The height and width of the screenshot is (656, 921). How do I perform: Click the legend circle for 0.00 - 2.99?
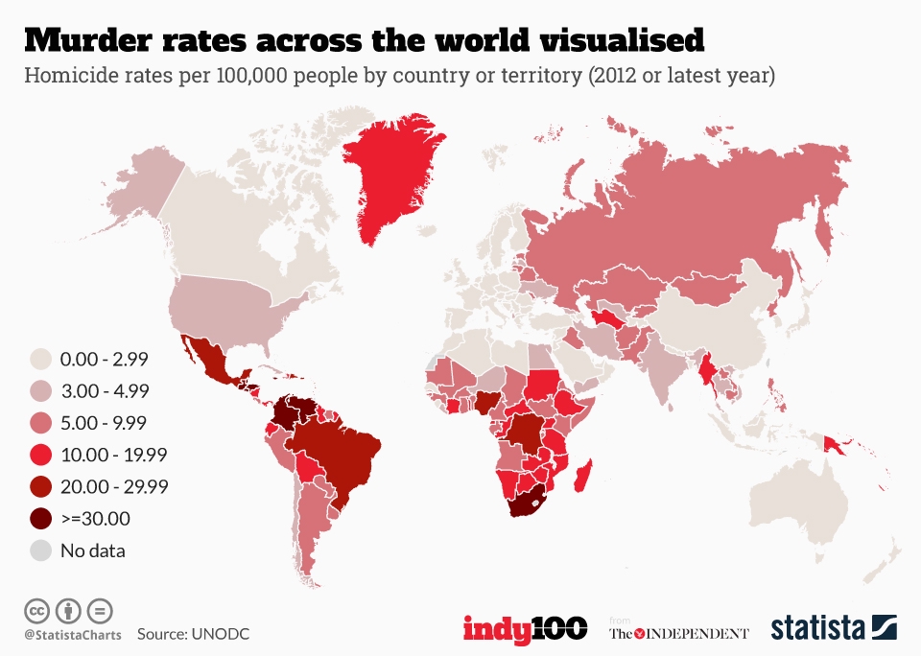point(41,360)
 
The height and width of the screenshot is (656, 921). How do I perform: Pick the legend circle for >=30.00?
point(41,519)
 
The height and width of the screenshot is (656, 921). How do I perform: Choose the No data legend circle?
point(41,551)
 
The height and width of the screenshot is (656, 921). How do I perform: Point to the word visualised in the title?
point(605,40)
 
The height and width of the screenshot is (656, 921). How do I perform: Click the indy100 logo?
point(525,629)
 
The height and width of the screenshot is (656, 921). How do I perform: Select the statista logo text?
point(816,629)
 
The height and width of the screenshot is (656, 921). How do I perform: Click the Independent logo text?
point(679,633)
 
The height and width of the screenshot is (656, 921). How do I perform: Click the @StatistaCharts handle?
point(70,634)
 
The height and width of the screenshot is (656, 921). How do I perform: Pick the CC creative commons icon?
point(37,609)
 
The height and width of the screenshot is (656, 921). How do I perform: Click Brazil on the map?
point(341,451)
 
